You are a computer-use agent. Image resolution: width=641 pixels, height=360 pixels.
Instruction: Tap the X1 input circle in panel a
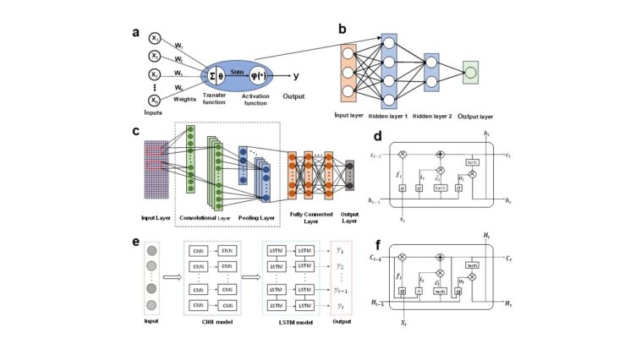tap(154, 38)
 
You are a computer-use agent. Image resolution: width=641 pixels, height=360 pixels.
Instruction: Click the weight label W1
tap(178, 45)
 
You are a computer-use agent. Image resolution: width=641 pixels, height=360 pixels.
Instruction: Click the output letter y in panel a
tap(293, 75)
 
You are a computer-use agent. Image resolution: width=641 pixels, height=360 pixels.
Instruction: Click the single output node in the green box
tap(470, 73)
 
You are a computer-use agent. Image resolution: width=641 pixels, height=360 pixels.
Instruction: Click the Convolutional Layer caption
tap(204, 217)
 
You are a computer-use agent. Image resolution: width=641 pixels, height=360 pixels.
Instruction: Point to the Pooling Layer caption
tap(255, 217)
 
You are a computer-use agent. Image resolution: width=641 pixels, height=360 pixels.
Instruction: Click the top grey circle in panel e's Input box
tap(153, 252)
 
